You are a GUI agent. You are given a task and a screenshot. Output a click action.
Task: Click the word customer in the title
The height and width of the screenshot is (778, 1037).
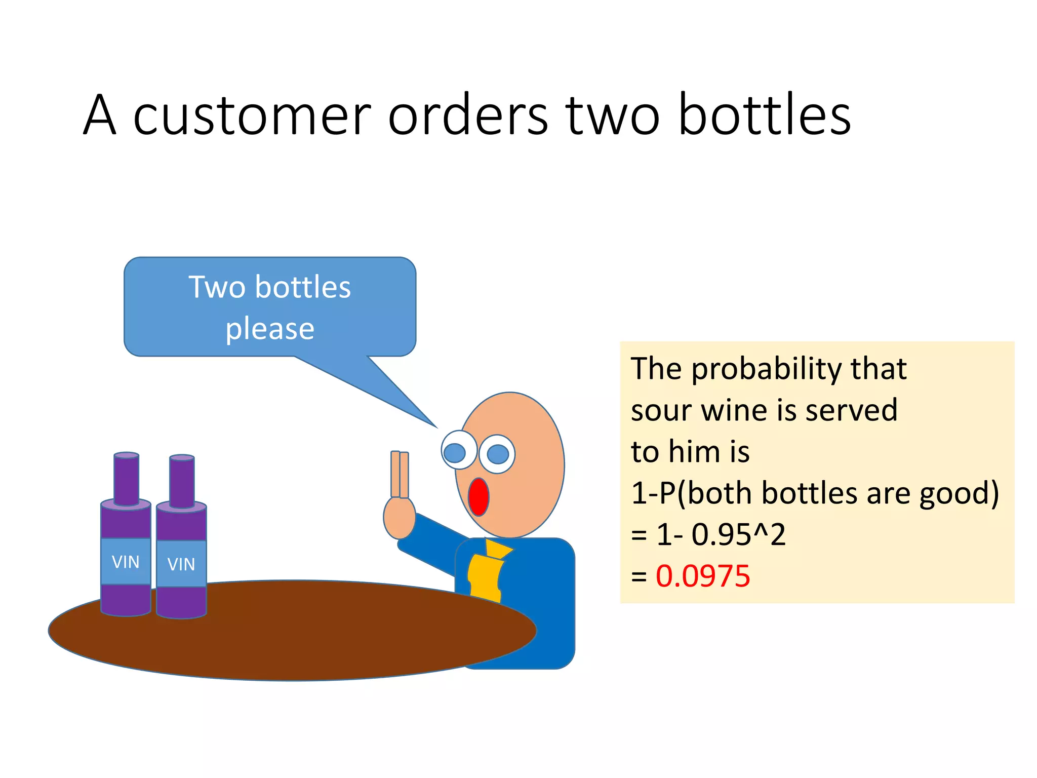(252, 115)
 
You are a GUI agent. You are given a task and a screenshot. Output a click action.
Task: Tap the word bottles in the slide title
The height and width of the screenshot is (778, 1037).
(764, 115)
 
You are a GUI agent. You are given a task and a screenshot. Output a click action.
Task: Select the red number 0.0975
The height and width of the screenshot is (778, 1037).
(703, 576)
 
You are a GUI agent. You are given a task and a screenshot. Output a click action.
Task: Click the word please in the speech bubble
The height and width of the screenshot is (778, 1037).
(270, 329)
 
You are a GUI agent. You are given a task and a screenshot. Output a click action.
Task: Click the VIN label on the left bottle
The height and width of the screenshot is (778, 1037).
(126, 562)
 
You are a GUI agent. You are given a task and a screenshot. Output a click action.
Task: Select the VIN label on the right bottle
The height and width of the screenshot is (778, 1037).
(181, 564)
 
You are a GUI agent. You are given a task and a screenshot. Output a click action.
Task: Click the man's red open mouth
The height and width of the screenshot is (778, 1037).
(478, 497)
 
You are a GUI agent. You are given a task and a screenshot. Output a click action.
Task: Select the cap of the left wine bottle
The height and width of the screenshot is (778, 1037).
(126, 455)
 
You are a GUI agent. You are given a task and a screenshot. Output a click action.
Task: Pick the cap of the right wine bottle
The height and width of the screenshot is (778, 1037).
(182, 458)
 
